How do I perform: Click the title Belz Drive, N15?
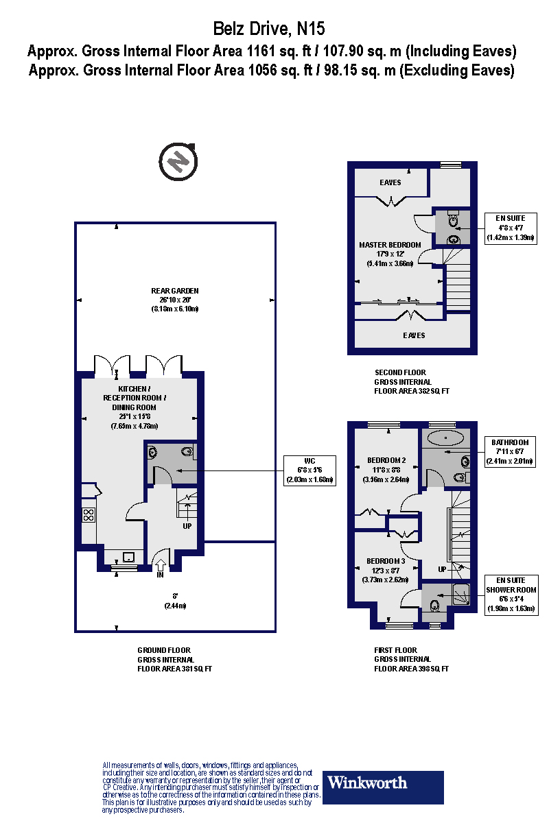point(269,29)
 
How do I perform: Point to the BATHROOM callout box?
point(510,452)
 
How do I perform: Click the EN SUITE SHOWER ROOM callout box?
point(510,594)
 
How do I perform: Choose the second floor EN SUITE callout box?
point(510,228)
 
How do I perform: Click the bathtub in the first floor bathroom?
point(446,436)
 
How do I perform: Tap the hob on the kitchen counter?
point(89,514)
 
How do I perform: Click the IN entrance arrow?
point(161,566)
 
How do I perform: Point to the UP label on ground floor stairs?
point(187,526)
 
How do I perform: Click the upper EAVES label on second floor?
point(390,182)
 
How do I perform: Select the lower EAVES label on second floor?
point(414,335)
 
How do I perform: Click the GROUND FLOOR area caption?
point(174,659)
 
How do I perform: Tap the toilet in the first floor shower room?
point(434,606)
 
